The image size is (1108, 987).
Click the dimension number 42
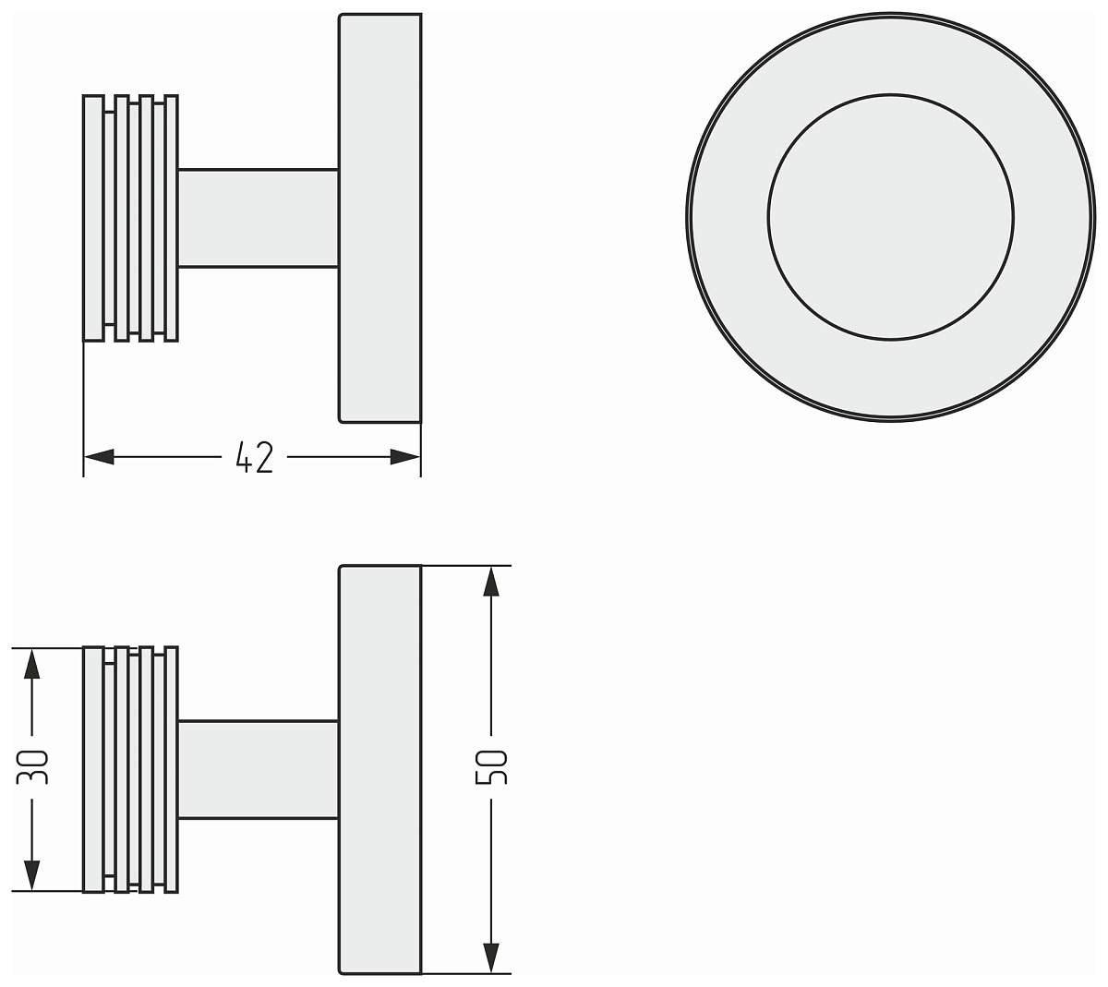pyautogui.click(x=254, y=457)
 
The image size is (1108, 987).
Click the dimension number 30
pyautogui.click(x=32, y=766)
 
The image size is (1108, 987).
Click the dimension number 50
pyautogui.click(x=491, y=766)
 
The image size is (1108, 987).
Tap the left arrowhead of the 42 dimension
pyautogui.click(x=99, y=457)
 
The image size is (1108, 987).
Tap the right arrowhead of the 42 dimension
pyautogui.click(x=404, y=457)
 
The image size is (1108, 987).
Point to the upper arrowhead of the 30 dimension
pyautogui.click(x=32, y=663)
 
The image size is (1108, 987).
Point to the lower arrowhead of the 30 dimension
pyautogui.click(x=32, y=875)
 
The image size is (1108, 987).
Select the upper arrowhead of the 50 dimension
pyautogui.click(x=491, y=582)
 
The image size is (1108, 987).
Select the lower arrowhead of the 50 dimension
pyautogui.click(x=491, y=957)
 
